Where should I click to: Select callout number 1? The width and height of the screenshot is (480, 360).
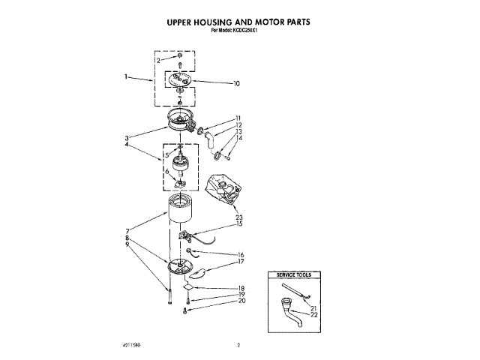127,77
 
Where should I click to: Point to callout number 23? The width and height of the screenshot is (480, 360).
238,218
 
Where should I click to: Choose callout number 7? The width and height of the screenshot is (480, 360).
128,231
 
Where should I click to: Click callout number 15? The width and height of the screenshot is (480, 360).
239,223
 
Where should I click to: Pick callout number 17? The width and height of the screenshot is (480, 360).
241,262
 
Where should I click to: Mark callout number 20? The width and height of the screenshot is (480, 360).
241,301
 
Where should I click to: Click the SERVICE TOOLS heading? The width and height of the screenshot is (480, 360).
294,276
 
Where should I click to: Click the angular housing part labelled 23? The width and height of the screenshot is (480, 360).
223,189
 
